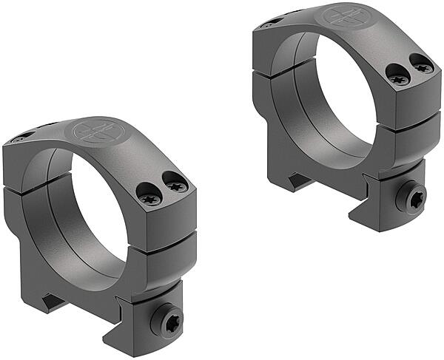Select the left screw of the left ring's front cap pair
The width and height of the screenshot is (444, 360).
[x=148, y=197]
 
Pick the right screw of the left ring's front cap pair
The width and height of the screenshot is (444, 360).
[x=176, y=186]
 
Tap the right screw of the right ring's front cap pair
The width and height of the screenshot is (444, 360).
[x=423, y=67]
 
